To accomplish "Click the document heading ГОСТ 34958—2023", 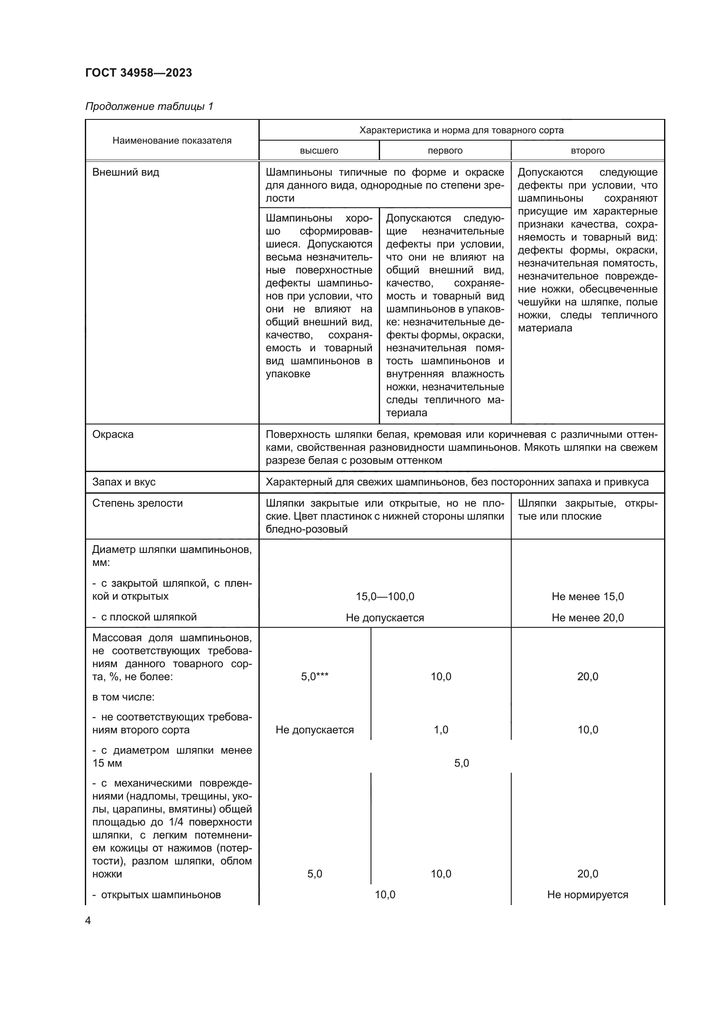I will (139, 73).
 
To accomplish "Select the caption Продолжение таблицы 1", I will (149, 106).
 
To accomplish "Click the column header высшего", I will (319, 151).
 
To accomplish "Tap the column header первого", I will (445, 151).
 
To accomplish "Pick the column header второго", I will (587, 151).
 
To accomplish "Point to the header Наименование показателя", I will (172, 141).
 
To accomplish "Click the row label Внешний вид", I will (126, 172).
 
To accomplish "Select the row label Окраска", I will (113, 434).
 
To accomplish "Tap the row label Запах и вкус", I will (124, 482).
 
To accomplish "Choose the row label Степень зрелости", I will (138, 503).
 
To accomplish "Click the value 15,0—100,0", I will (385, 597).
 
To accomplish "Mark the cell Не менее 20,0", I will (587, 618).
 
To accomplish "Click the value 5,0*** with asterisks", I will (314, 677).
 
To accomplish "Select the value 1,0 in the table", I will (441, 730).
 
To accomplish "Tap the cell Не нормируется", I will (587, 895).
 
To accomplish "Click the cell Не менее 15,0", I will (587, 597).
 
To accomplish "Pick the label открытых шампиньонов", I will (161, 895).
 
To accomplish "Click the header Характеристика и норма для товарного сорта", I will (461, 131).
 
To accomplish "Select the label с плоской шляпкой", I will (148, 617).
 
